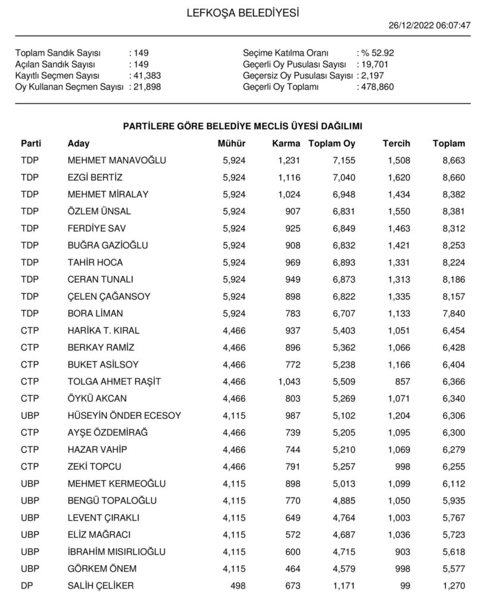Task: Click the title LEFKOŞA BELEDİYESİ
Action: (243, 13)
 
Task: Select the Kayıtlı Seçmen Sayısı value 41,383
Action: (146, 76)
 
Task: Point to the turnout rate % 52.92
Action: (376, 53)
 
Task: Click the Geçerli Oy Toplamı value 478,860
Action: (377, 87)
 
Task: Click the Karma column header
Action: (286, 144)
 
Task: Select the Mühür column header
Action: (232, 144)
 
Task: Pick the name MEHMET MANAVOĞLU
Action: (117, 160)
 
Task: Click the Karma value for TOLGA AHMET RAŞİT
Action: (289, 382)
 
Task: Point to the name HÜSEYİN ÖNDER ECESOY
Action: (124, 416)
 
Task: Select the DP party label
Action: (27, 586)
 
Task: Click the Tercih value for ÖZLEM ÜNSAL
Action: (398, 211)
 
